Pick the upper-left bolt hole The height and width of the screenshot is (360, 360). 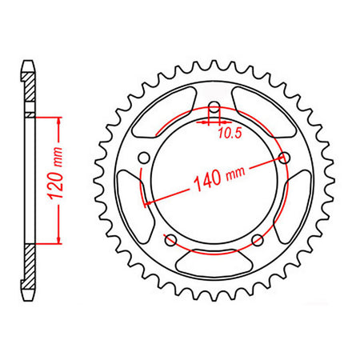pos(143,158)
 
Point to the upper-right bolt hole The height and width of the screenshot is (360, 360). pos(283,158)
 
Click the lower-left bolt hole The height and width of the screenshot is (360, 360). pos(170,240)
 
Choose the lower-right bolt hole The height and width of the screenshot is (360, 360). pos(257,240)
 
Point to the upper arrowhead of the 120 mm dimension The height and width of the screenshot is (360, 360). pos(59,120)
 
